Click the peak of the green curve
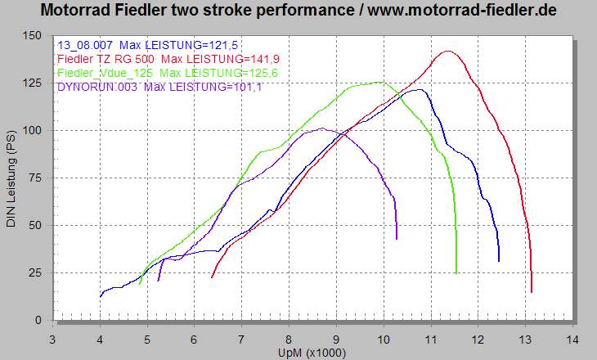tap(379, 82)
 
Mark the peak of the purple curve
tap(324, 128)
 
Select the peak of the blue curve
tap(419, 90)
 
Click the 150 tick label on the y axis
tap(34, 35)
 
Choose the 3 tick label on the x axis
tap(53, 338)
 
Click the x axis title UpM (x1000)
tap(313, 352)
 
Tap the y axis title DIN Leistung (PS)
tap(11, 178)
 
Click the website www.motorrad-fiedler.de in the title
tap(463, 11)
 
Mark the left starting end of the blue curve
tap(101, 296)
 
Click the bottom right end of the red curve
tap(532, 291)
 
